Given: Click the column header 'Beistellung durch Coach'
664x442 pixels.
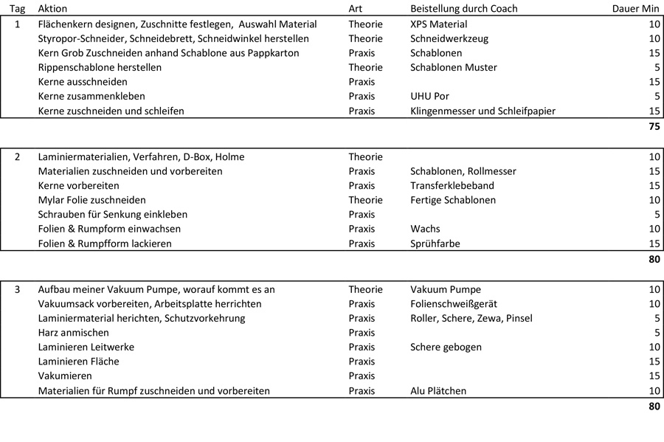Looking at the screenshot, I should coord(463,9).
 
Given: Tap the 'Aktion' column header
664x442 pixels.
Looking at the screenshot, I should coord(52,9).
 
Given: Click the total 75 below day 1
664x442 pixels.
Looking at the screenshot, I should coord(653,126).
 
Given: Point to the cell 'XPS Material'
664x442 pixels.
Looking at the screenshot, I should coord(438,24).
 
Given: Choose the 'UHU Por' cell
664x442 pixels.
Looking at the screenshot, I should coord(429,96).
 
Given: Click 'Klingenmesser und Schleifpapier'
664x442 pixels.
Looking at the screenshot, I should coord(483,111).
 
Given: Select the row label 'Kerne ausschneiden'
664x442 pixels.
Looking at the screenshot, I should coord(83,82).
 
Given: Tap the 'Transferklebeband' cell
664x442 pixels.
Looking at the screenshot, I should coord(452,185).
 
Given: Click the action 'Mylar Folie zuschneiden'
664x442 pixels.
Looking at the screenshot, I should coord(91,200).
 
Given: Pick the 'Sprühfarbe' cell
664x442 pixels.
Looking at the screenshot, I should coord(435,244).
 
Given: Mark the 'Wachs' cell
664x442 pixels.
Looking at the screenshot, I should coord(425,229).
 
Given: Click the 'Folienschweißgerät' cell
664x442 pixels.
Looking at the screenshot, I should coord(453,303).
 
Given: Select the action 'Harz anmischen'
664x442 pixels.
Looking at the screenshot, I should coord(72,333).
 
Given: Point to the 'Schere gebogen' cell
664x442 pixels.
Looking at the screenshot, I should coord(446,347).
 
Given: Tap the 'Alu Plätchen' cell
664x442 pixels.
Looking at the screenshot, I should coord(438,391).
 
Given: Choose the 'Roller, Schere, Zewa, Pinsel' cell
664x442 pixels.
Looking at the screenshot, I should coord(471,318).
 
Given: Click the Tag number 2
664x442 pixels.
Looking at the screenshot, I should coord(18,156).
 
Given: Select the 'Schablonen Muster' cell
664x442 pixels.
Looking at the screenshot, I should coord(453,67).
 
